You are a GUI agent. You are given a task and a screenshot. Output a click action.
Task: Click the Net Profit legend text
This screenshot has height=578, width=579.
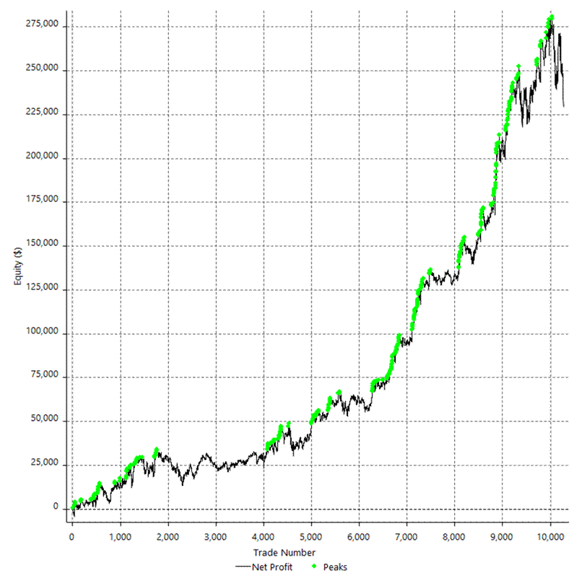(x=272, y=567)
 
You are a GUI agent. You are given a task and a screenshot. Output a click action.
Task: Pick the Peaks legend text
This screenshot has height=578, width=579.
(x=335, y=567)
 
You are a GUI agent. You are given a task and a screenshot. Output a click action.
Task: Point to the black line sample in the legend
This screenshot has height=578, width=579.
(x=243, y=567)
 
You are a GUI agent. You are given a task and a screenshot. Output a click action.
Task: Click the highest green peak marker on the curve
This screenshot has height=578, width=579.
(x=552, y=17)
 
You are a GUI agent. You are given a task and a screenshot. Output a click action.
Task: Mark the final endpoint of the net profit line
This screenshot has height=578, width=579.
(x=564, y=106)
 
